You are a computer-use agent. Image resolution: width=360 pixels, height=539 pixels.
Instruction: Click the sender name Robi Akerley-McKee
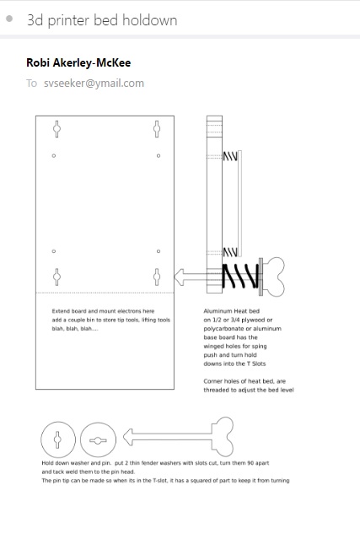[78, 62]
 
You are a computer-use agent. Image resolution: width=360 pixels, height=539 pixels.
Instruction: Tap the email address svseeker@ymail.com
[94, 84]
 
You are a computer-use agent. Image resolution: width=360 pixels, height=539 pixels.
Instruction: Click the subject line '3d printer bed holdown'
[102, 20]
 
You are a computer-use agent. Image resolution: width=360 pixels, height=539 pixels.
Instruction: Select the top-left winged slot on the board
[56, 129]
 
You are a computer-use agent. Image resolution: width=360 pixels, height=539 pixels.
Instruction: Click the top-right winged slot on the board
[157, 129]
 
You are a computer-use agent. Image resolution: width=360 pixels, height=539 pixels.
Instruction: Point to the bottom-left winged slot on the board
[56, 277]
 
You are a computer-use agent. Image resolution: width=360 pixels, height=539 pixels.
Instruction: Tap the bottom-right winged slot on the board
[157, 277]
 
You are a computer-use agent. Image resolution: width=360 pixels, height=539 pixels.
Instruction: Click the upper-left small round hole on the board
[54, 156]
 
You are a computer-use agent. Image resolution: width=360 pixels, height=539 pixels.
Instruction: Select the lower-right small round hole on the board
[159, 251]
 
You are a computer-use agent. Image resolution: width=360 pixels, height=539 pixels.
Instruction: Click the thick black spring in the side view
[240, 276]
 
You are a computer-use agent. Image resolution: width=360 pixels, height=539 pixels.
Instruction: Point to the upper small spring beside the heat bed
[230, 156]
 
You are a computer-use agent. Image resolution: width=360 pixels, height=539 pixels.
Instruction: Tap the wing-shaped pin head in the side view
[274, 277]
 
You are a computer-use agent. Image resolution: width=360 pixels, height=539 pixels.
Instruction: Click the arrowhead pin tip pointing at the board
[180, 277]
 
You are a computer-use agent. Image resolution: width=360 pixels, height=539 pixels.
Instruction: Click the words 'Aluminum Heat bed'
[232, 311]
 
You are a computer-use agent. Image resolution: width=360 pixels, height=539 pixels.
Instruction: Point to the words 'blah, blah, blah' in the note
[75, 329]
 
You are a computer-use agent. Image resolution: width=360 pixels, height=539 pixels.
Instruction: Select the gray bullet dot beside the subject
[9, 19]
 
